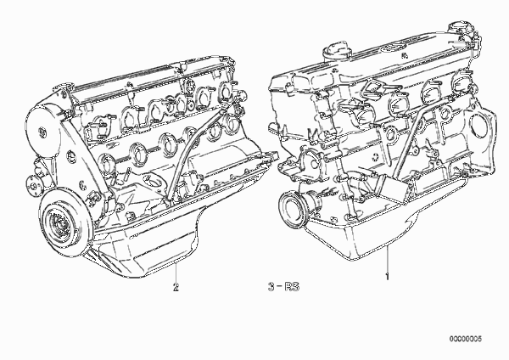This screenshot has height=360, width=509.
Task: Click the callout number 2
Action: pyautogui.click(x=176, y=287)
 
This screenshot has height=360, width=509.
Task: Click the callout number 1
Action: pyautogui.click(x=387, y=277)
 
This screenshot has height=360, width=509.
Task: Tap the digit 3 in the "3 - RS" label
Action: pyautogui.click(x=271, y=287)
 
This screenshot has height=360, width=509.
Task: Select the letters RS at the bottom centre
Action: pyautogui.click(x=292, y=287)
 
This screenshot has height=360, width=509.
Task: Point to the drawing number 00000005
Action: pyautogui.click(x=466, y=339)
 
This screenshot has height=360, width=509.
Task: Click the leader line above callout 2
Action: pyautogui.click(x=176, y=272)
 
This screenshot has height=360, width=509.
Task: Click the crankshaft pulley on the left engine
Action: pyautogui.click(x=64, y=222)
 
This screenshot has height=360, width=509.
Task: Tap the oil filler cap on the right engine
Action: pyautogui.click(x=338, y=50)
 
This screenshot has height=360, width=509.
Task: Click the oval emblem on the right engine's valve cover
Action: pyautogui.click(x=390, y=48)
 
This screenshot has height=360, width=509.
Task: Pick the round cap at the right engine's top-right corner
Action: pyautogui.click(x=459, y=28)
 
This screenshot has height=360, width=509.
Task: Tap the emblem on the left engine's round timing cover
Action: pyautogui.click(x=42, y=132)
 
